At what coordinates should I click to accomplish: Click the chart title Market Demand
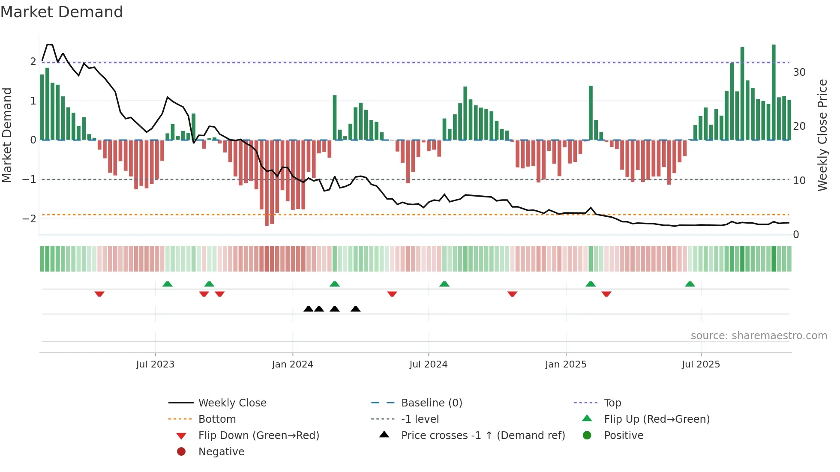(x=62, y=12)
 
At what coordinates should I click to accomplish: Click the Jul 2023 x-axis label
(x=155, y=364)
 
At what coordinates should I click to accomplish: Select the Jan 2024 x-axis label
(x=293, y=364)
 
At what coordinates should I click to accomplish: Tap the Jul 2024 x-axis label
(x=429, y=364)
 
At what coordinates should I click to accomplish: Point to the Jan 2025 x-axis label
(x=566, y=364)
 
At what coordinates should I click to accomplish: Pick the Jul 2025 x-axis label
(x=701, y=364)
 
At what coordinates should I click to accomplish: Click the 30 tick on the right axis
(x=799, y=72)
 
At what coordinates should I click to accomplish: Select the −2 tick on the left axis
(x=29, y=219)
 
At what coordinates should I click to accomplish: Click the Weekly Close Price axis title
(x=822, y=135)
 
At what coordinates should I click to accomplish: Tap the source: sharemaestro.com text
(x=759, y=336)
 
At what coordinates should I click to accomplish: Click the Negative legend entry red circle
(x=181, y=452)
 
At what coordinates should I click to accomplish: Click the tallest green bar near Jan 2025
(x=591, y=112)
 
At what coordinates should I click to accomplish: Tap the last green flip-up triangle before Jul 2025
(x=690, y=284)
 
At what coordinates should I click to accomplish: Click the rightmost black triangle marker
(x=355, y=309)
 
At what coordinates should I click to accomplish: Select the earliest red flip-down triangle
(x=99, y=294)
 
